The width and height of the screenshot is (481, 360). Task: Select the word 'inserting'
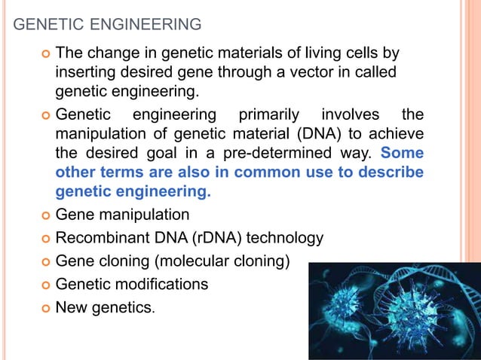(86, 73)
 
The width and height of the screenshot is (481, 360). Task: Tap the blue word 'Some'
(403, 154)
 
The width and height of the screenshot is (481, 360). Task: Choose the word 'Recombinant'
(103, 238)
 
